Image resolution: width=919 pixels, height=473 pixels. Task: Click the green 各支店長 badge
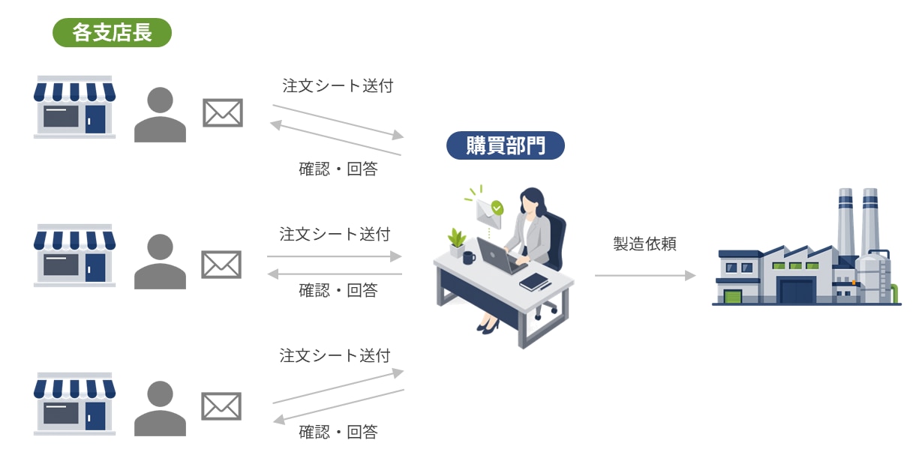click(x=112, y=32)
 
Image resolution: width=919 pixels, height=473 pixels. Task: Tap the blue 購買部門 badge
click(x=506, y=145)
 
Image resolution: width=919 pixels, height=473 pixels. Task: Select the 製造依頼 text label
click(x=644, y=244)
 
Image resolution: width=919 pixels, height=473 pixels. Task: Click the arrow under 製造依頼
click(x=645, y=275)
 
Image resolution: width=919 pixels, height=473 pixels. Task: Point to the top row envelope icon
click(x=223, y=112)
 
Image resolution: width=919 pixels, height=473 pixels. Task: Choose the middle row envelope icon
click(x=221, y=265)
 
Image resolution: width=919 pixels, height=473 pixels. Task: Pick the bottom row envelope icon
click(x=221, y=406)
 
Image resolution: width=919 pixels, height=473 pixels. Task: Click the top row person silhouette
click(x=160, y=115)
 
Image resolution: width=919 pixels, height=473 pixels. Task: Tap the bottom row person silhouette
click(x=160, y=409)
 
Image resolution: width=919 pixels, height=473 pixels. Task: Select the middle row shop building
click(x=75, y=256)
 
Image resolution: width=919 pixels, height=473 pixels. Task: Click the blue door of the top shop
click(x=95, y=119)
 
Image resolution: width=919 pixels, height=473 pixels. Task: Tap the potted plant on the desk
click(x=457, y=243)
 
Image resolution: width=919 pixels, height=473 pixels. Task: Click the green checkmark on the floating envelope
click(x=497, y=208)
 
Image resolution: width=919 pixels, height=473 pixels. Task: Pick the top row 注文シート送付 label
click(x=338, y=85)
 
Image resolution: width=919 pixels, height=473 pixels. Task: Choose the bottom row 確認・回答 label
click(x=338, y=432)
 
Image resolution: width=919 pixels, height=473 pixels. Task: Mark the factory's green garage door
click(x=733, y=297)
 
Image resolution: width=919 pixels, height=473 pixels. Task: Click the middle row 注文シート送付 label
click(x=335, y=234)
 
